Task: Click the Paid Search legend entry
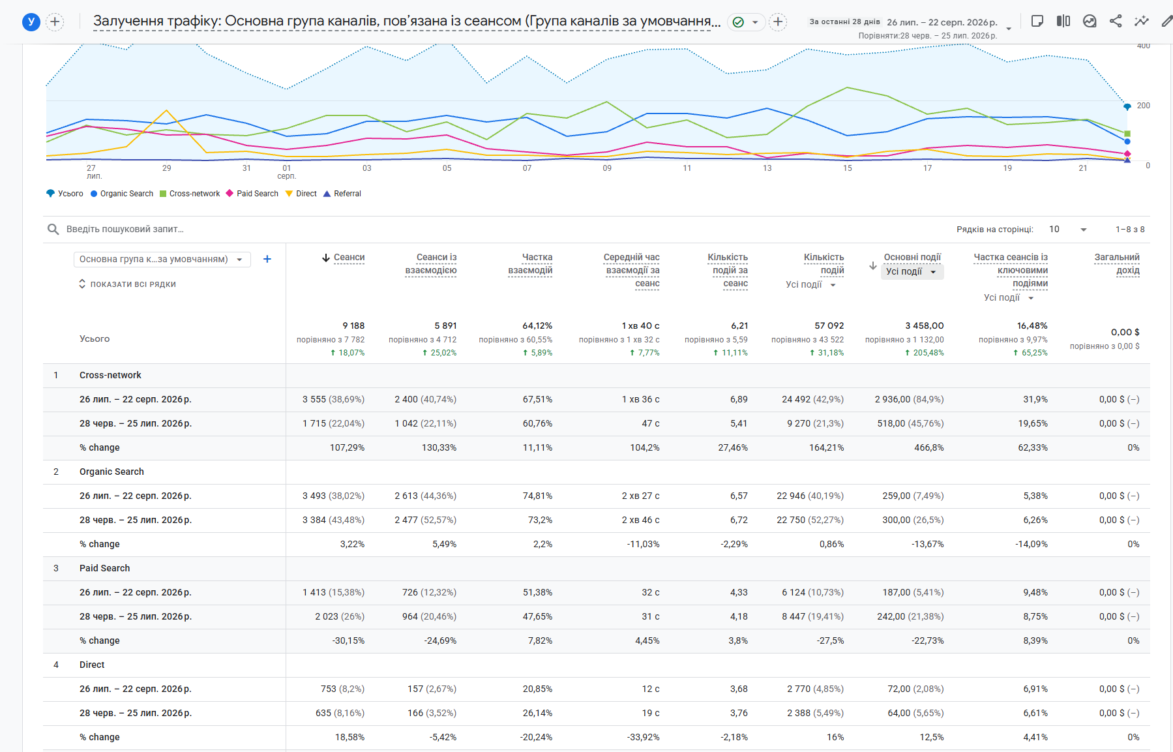252,194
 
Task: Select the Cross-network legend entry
190,194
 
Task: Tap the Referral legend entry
342,194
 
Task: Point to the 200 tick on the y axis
1143,106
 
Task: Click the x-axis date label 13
767,168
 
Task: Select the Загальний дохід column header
1117,263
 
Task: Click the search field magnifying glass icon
53,229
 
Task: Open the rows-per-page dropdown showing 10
1067,229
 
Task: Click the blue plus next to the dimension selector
267,259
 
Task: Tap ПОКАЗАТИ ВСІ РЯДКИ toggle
127,284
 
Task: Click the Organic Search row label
111,472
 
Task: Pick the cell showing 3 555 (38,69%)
333,399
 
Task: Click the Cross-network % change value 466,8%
928,447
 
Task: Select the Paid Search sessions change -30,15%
348,640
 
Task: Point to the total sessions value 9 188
353,325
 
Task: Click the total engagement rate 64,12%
537,325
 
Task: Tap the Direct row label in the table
92,665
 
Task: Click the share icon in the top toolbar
1116,21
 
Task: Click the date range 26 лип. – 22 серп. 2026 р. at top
942,22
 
